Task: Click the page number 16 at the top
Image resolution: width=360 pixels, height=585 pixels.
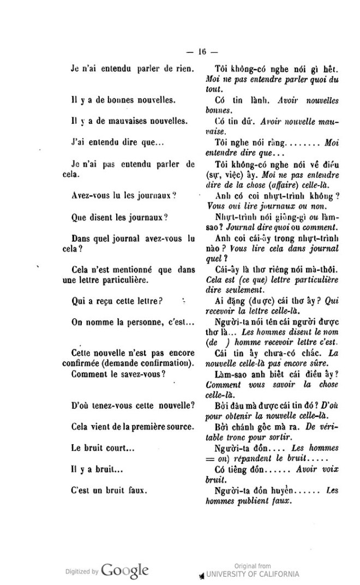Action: click(202, 52)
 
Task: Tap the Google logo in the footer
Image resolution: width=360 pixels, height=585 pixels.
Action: click(125, 571)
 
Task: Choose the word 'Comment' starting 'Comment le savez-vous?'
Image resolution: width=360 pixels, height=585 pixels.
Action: click(89, 359)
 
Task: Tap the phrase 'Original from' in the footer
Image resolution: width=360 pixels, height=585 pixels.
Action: click(252, 566)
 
